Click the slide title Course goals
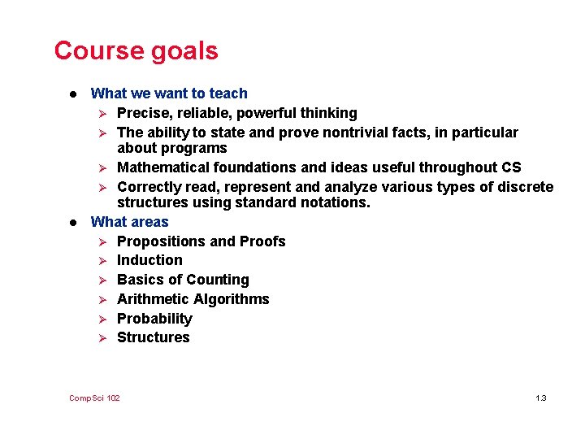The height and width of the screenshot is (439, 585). (x=136, y=51)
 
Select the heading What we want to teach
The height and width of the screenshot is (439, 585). (x=169, y=93)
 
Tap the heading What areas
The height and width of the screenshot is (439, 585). (x=130, y=222)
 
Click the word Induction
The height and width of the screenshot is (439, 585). (x=149, y=260)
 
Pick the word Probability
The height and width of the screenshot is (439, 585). (x=154, y=319)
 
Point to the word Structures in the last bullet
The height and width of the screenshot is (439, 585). (x=153, y=337)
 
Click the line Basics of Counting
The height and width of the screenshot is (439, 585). (x=183, y=280)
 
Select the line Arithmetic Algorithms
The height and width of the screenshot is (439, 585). (x=193, y=299)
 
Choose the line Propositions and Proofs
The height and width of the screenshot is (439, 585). (x=201, y=241)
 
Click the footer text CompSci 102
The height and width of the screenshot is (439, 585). (x=94, y=398)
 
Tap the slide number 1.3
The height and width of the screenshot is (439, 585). (x=541, y=398)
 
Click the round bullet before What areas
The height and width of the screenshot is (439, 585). (x=73, y=222)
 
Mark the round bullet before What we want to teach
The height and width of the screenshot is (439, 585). (x=73, y=93)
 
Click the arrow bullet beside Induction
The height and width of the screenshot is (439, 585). (x=102, y=261)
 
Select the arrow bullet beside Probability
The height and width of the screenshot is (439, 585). (x=102, y=319)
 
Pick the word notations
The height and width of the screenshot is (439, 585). (x=336, y=202)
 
